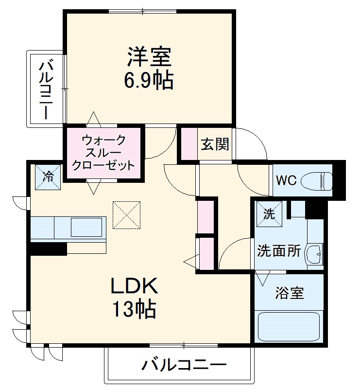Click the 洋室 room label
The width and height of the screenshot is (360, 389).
click(x=149, y=57)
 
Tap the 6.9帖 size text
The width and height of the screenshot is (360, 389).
click(x=149, y=80)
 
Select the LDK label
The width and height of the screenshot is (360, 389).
click(x=135, y=287)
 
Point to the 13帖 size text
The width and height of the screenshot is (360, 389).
click(x=135, y=309)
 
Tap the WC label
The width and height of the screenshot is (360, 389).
click(x=286, y=180)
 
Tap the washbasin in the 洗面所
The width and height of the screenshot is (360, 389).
click(x=314, y=253)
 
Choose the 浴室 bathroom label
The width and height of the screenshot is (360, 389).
click(x=290, y=293)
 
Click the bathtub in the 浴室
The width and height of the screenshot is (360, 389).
click(x=288, y=327)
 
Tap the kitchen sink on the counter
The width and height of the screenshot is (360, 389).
click(x=87, y=227)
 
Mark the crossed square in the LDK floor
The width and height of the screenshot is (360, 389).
click(x=126, y=215)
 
